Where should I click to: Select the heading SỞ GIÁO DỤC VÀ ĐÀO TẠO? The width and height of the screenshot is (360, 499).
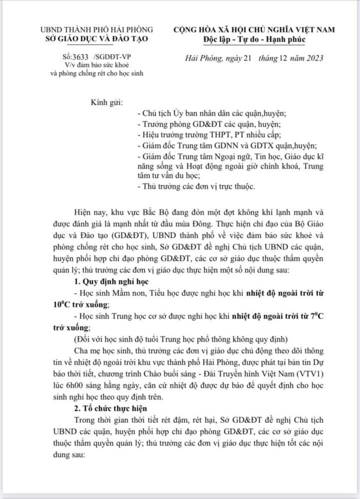coord(97,39)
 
